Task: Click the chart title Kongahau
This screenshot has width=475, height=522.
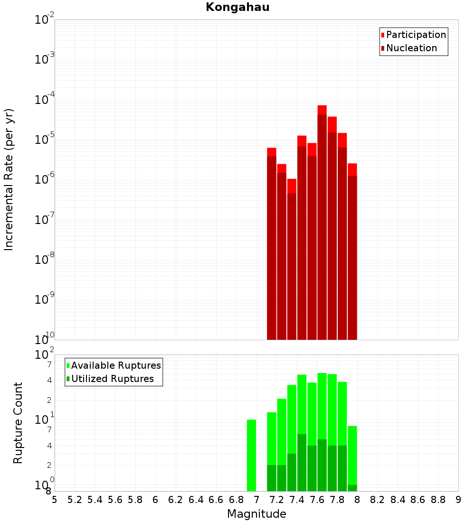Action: pyautogui.click(x=237, y=7)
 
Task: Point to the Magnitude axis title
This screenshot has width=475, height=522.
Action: pyautogui.click(x=256, y=514)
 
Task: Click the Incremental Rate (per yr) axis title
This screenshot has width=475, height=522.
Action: pyautogui.click(x=9, y=179)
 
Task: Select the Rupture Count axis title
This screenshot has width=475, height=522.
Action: pyautogui.click(x=18, y=423)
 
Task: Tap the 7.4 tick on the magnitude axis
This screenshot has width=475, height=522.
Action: pyautogui.click(x=297, y=500)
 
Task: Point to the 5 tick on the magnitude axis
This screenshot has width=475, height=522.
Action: pyautogui.click(x=55, y=500)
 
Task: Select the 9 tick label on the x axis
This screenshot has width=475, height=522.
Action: pyautogui.click(x=458, y=500)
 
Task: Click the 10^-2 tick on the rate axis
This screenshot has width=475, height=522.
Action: pyautogui.click(x=45, y=20)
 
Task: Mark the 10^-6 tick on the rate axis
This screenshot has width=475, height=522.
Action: pyautogui.click(x=45, y=180)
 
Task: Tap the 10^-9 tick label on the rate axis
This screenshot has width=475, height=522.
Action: pyautogui.click(x=45, y=299)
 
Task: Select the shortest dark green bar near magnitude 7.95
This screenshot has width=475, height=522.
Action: pyautogui.click(x=352, y=488)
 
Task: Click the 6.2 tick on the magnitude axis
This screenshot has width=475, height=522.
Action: pyautogui.click(x=176, y=500)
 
